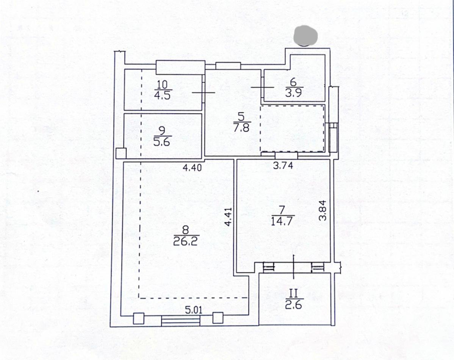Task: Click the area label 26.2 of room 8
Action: point(185,241)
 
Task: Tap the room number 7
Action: point(283,210)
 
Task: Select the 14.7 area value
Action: point(283,221)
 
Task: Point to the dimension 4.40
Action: point(192,167)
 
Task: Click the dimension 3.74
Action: point(283,165)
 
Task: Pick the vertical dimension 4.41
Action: point(229,216)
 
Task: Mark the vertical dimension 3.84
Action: point(322,211)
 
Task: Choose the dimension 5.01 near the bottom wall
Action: point(193,310)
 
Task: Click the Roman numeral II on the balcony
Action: point(293,294)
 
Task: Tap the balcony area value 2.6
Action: point(293,305)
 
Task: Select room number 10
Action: point(163,85)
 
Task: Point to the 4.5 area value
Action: point(162,95)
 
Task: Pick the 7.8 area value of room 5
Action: point(241,127)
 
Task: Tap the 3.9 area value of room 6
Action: point(294,93)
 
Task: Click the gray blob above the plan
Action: point(305,36)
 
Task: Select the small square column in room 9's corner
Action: point(121,153)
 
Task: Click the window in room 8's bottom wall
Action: point(181,321)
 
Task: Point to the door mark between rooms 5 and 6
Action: point(262,87)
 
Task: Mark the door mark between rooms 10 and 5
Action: point(203,92)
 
